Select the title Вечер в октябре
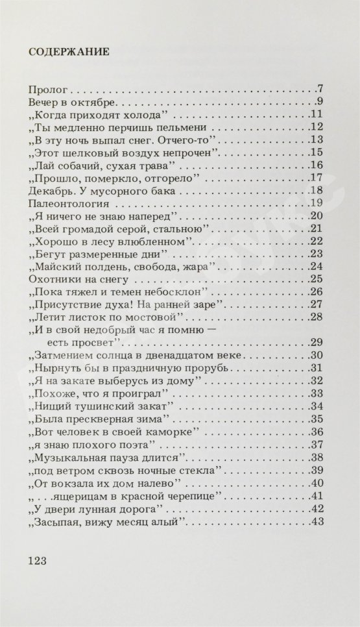coord(73,103)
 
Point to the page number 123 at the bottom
coord(40,559)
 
